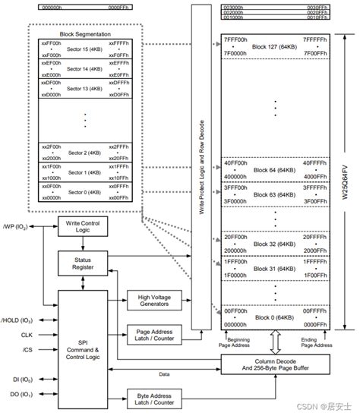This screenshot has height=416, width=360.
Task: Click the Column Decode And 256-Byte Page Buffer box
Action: point(274,366)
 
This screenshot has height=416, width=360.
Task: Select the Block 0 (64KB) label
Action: point(274,317)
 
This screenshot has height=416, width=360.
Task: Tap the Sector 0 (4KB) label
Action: point(84,191)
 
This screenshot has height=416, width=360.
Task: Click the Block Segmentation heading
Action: point(84,34)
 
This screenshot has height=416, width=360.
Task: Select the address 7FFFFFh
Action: point(314,38)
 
